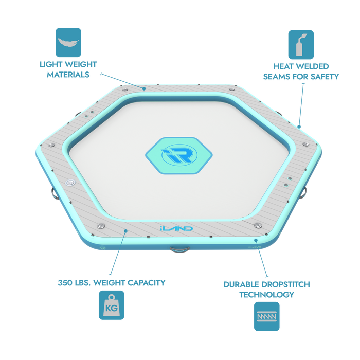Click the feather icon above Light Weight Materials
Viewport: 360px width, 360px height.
68,43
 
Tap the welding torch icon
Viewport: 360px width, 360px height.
301,45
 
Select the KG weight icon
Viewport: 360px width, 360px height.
112,305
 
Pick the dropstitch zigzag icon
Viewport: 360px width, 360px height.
267,316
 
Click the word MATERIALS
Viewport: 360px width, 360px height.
68,75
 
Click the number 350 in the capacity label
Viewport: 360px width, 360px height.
65,283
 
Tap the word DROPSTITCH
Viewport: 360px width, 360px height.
287,284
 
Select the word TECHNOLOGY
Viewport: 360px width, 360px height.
267,295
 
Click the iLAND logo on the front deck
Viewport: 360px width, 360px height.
176,228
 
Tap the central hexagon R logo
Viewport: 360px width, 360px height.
179,155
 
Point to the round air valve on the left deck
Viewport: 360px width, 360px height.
70,183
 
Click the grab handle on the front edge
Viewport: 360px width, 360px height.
179,249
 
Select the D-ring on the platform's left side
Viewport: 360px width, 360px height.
55,194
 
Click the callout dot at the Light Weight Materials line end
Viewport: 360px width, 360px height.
144,88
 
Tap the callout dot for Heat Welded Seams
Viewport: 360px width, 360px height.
299,127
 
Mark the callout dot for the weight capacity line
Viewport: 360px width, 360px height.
125,231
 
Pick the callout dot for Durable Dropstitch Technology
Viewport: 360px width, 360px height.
256,240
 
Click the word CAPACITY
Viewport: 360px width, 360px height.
146,283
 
